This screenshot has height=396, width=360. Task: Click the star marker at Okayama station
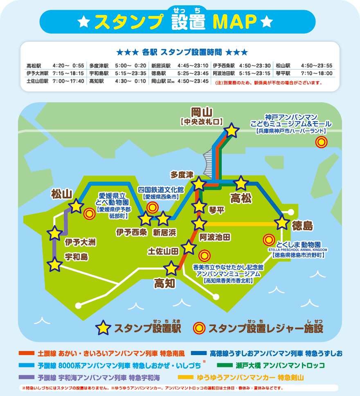coord(232,130)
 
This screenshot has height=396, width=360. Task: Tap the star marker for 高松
coord(241,184)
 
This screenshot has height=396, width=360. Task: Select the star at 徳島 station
coord(282,223)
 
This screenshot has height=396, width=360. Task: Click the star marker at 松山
coord(76,206)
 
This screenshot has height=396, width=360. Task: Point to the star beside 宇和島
coord(54,264)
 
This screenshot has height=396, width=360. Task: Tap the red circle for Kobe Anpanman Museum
coord(322,142)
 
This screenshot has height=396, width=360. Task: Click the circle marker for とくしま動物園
coord(269,240)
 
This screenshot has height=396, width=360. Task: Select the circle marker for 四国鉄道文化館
coord(153,207)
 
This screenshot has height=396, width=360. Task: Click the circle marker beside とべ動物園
coord(89,213)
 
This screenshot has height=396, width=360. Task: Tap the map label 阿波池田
coord(215,237)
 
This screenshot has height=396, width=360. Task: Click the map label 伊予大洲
coord(80,243)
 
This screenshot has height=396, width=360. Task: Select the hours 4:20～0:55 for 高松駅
coord(68,65)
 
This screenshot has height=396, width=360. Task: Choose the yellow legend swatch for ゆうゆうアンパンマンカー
coord(186,377)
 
